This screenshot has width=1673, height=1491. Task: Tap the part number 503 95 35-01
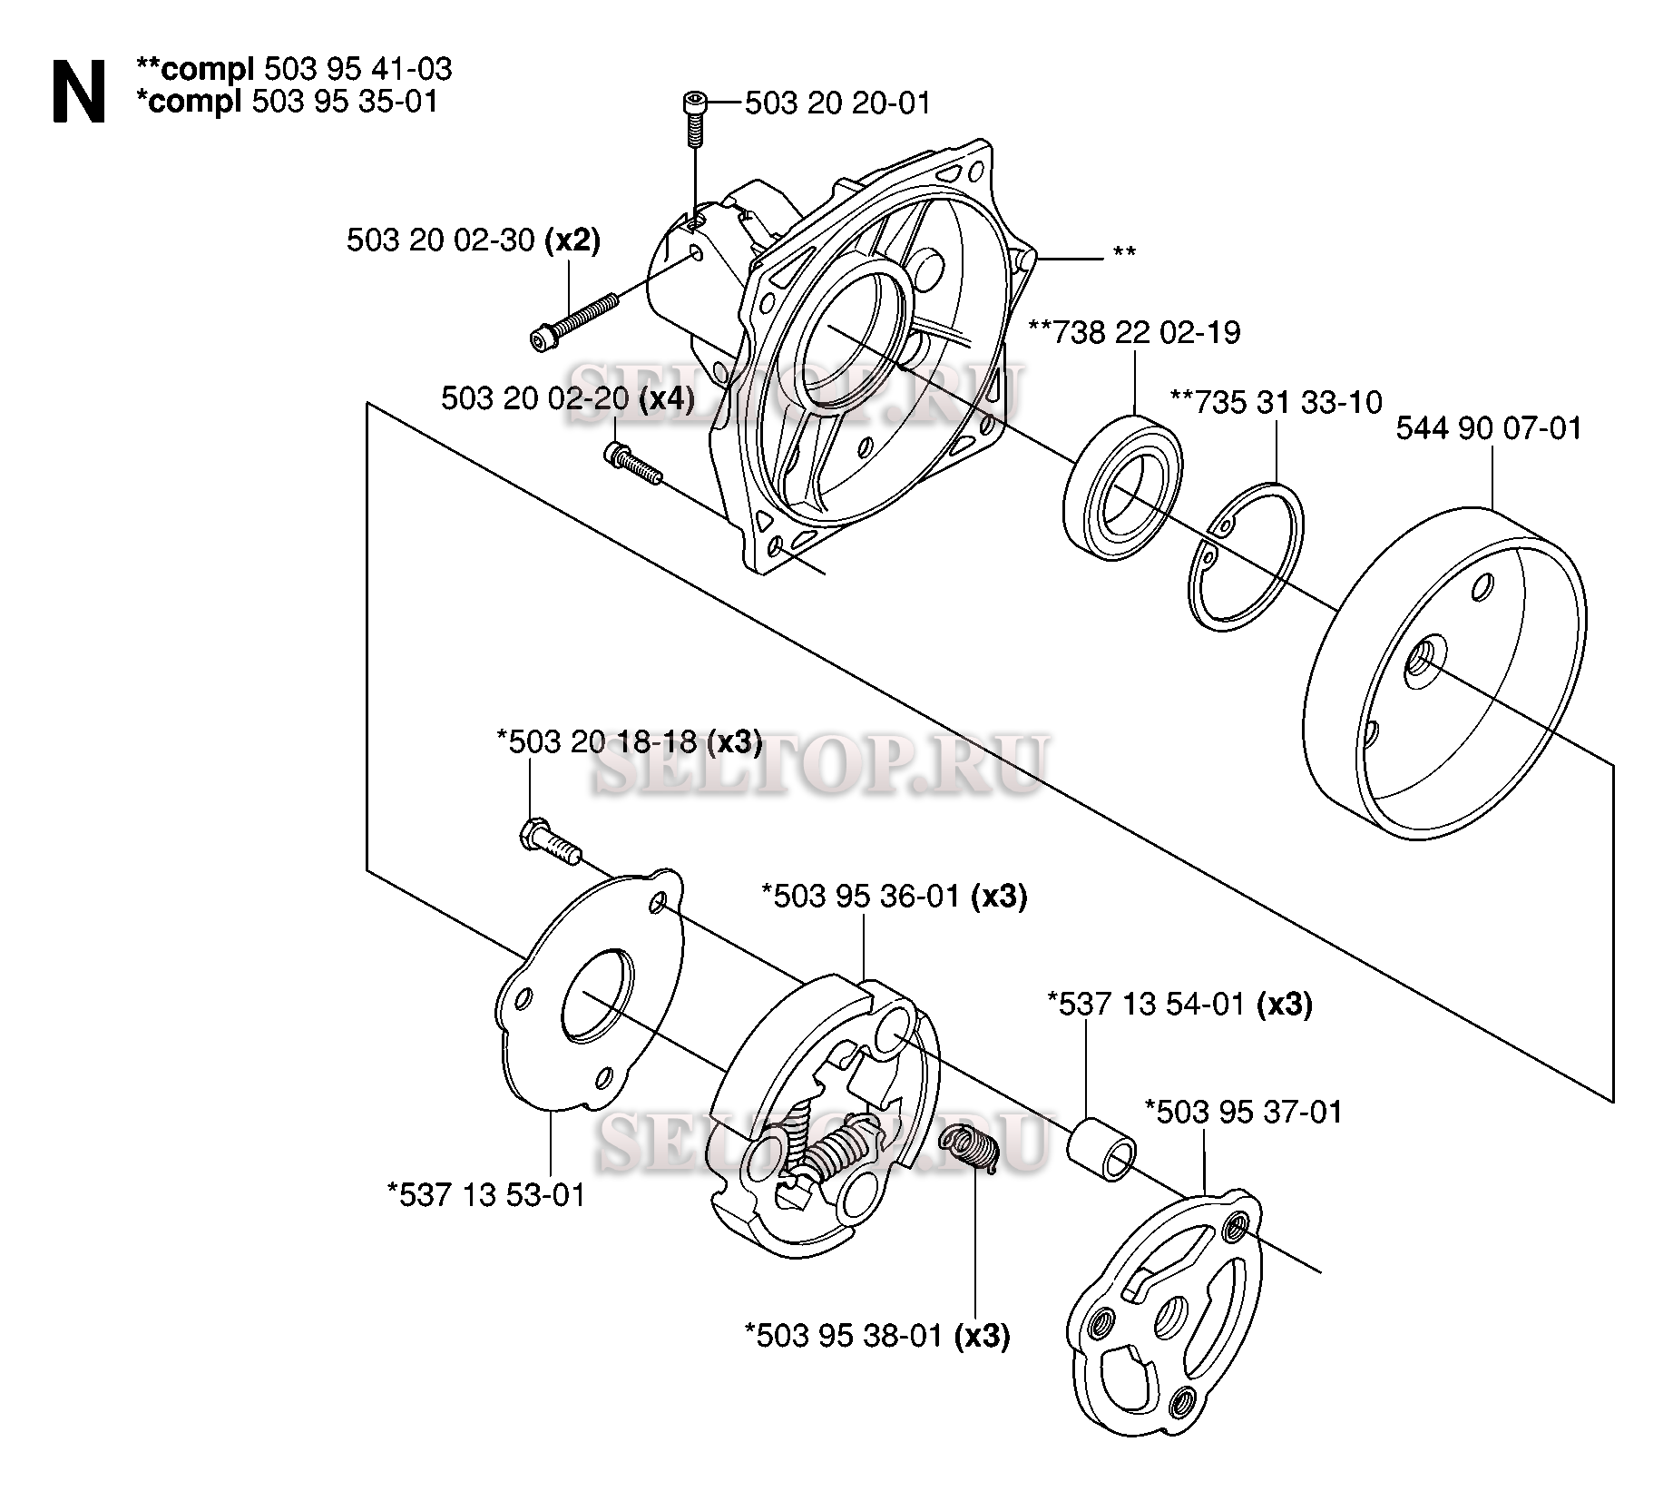tap(345, 102)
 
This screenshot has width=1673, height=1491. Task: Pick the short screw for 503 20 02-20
tap(633, 461)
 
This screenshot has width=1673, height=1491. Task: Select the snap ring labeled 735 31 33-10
tap(1247, 554)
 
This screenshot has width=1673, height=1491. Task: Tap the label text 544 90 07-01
tap(1488, 428)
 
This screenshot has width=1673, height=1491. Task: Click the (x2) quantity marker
tap(572, 241)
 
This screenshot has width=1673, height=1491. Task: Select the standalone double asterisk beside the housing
tap(1123, 253)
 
